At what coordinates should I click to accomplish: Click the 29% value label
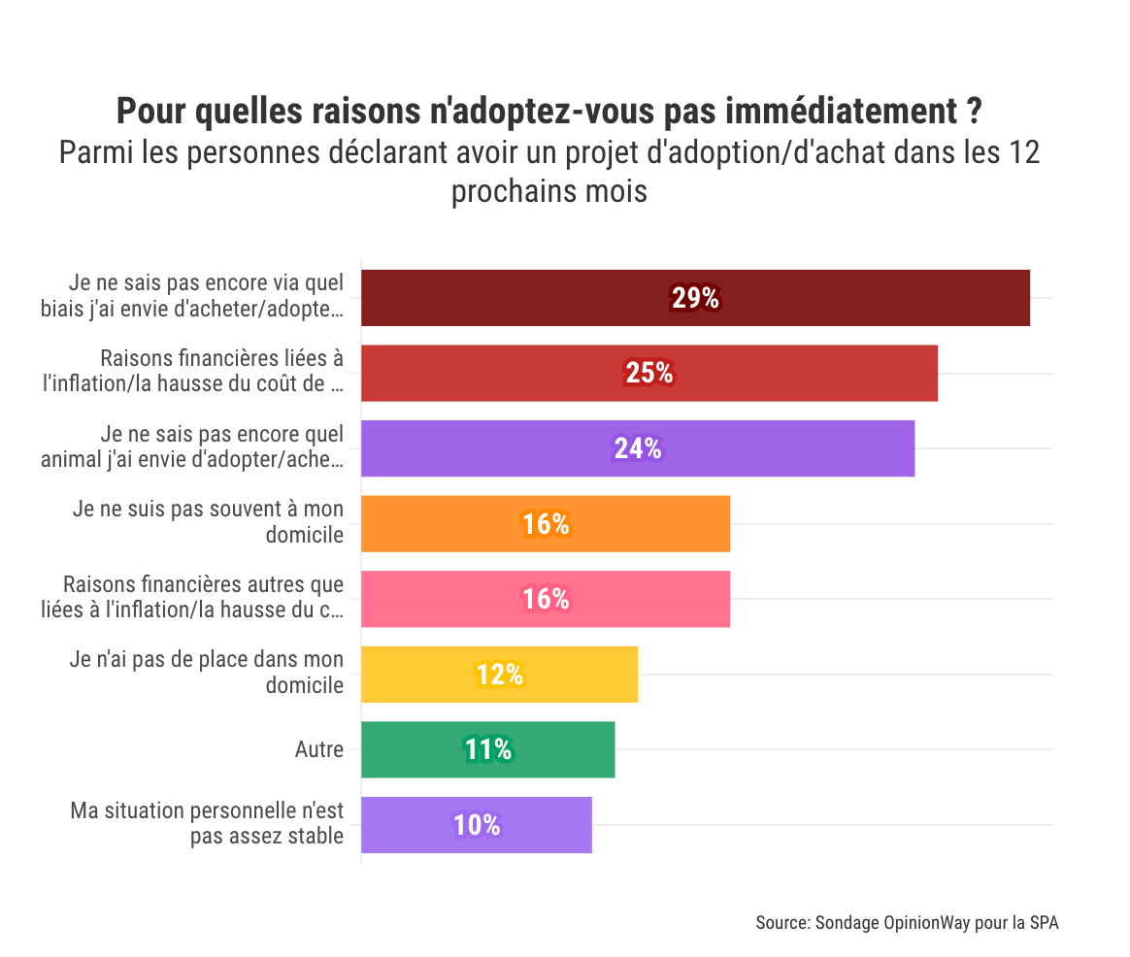(x=695, y=298)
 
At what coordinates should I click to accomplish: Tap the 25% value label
(x=648, y=373)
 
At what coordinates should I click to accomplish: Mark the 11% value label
(x=487, y=749)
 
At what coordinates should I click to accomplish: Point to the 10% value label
(x=477, y=825)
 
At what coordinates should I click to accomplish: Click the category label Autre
(x=318, y=749)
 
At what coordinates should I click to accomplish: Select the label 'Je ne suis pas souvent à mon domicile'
(x=208, y=521)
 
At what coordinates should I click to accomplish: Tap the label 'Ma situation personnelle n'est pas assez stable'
(x=207, y=823)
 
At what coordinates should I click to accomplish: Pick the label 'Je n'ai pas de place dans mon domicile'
(x=207, y=672)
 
